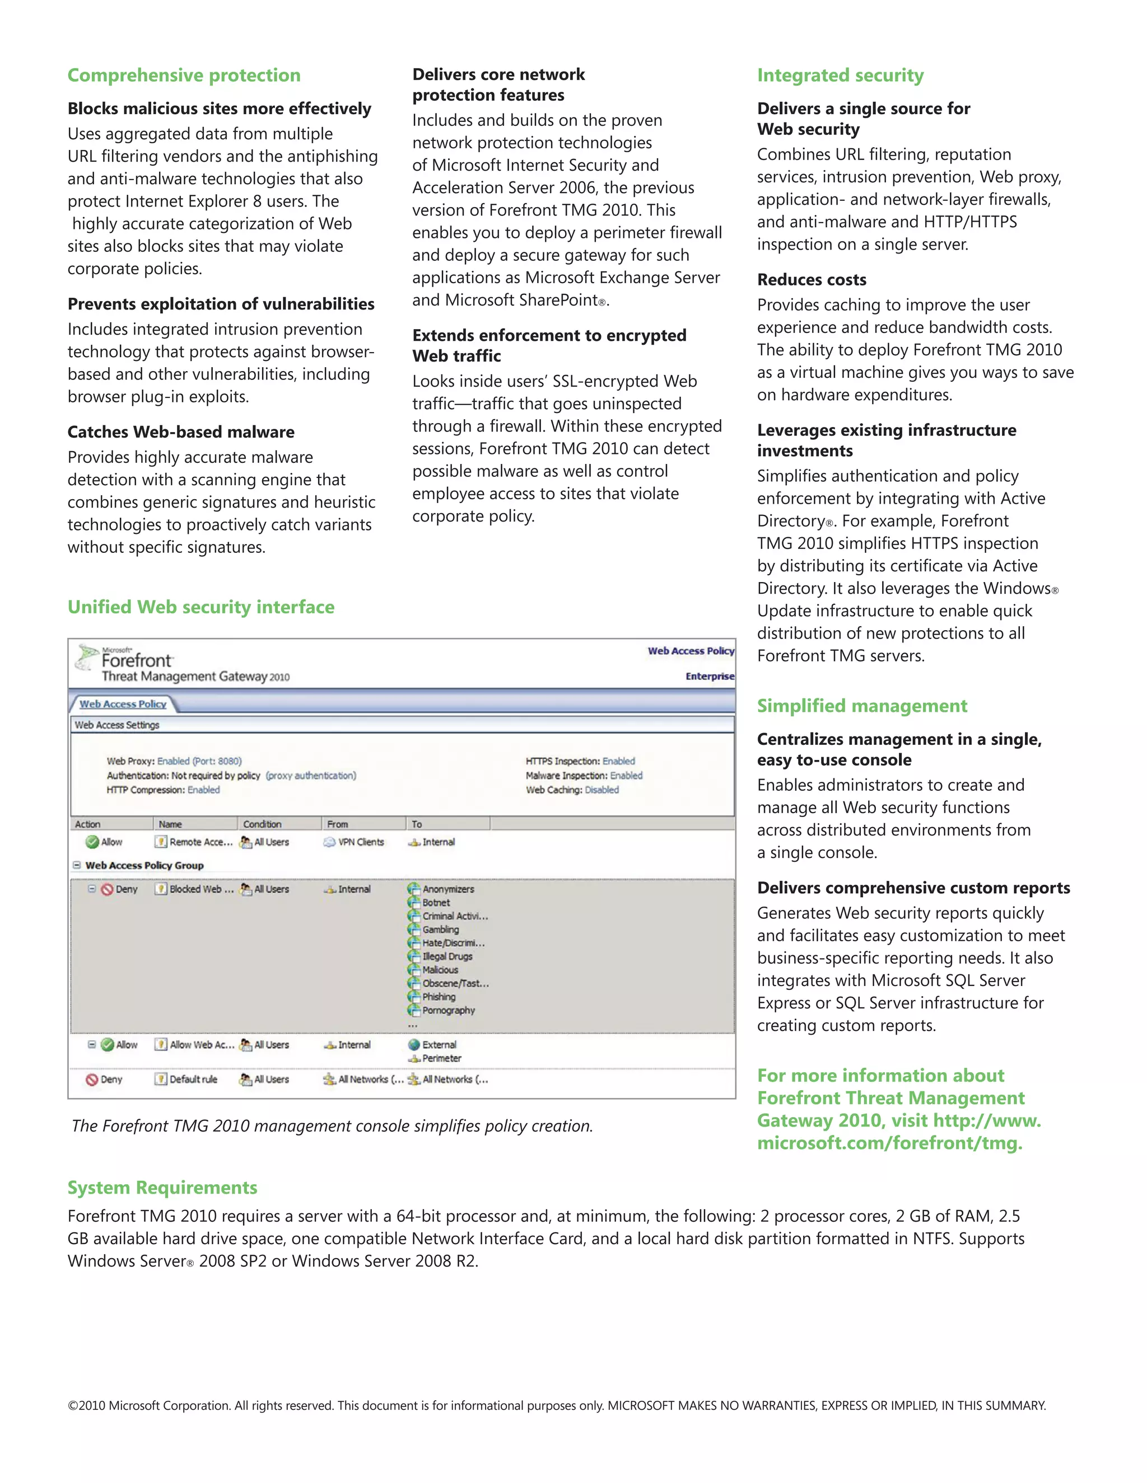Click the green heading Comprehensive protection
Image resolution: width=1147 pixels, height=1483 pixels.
(184, 76)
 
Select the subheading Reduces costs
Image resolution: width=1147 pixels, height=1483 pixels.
(812, 280)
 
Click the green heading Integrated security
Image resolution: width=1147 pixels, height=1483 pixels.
(840, 76)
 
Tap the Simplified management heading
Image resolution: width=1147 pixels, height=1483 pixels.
(861, 706)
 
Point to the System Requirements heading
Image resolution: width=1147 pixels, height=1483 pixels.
(162, 1188)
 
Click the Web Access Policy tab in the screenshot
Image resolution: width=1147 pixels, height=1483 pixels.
(123, 704)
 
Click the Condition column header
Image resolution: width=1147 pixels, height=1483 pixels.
(262, 824)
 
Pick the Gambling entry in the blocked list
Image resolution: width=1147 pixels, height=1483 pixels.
(440, 930)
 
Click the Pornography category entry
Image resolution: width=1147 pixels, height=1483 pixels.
(448, 1010)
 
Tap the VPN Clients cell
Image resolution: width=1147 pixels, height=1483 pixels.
(361, 842)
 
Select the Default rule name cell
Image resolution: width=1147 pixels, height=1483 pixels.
(193, 1080)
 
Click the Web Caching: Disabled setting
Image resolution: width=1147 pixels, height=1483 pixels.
(572, 790)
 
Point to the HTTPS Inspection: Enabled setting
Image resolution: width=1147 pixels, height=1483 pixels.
(580, 761)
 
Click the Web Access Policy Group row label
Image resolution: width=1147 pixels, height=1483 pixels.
(144, 866)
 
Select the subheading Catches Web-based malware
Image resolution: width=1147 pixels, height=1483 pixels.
(181, 433)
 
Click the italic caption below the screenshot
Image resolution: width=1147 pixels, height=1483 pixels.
(332, 1126)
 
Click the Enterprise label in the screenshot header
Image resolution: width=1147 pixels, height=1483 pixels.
(710, 677)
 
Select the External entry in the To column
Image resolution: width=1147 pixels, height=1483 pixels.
(439, 1045)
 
